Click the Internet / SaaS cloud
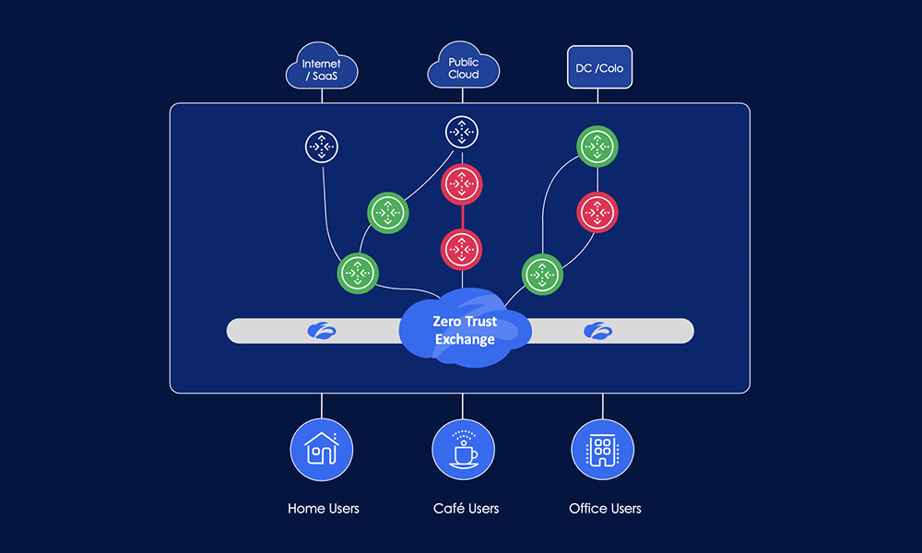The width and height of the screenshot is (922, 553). pos(321,69)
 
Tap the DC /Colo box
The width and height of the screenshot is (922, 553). pos(598,69)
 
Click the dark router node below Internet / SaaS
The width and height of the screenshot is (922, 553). pos(322,146)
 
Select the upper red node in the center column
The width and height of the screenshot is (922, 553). pos(461,185)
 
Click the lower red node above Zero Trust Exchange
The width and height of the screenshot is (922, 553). pos(461,248)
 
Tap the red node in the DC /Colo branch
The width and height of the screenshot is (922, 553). pos(597,212)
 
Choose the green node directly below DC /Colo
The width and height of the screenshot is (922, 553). pos(597,146)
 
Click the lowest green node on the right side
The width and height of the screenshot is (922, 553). pos(542,275)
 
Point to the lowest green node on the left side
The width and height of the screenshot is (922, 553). pos(358,273)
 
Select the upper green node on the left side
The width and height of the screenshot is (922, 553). pos(388,212)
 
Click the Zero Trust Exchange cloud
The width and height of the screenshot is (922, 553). pos(464,330)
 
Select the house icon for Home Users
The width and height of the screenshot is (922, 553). pos(322,450)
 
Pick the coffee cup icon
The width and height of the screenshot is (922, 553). pos(464,450)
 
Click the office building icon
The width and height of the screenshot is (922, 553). pos(602,450)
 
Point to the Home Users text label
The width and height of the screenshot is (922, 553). pos(324,508)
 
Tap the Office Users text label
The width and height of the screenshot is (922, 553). pos(605,508)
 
